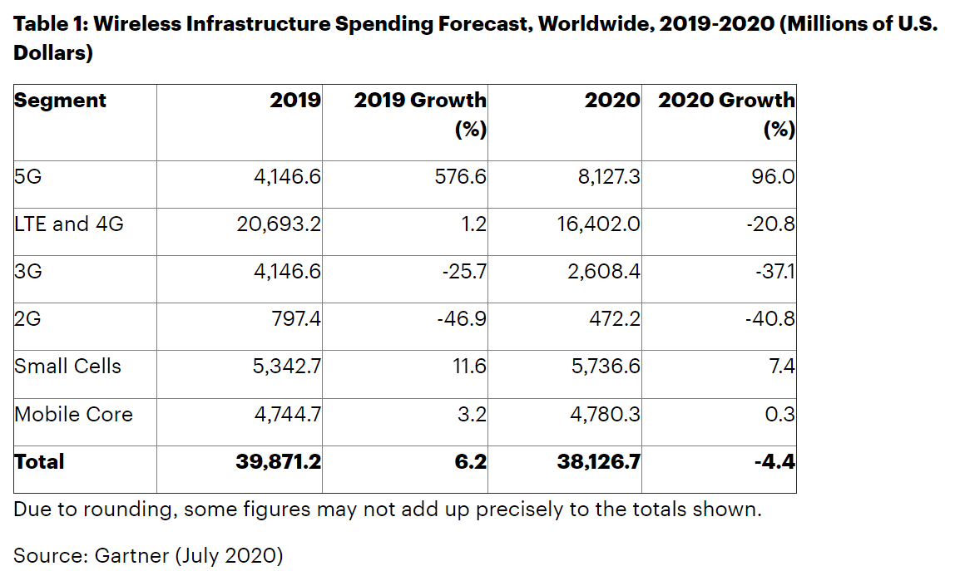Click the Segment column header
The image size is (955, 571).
pos(61,101)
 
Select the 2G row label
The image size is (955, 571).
pos(29,318)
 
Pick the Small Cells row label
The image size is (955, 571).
pos(67,366)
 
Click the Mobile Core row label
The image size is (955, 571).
pos(73,414)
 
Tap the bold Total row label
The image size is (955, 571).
pos(39,461)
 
